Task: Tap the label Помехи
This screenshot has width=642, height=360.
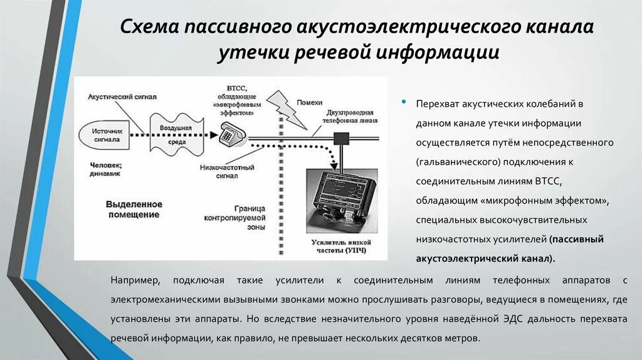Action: (310, 102)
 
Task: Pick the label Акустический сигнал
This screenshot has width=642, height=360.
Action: (122, 97)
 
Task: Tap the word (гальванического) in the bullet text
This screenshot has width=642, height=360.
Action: (456, 162)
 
